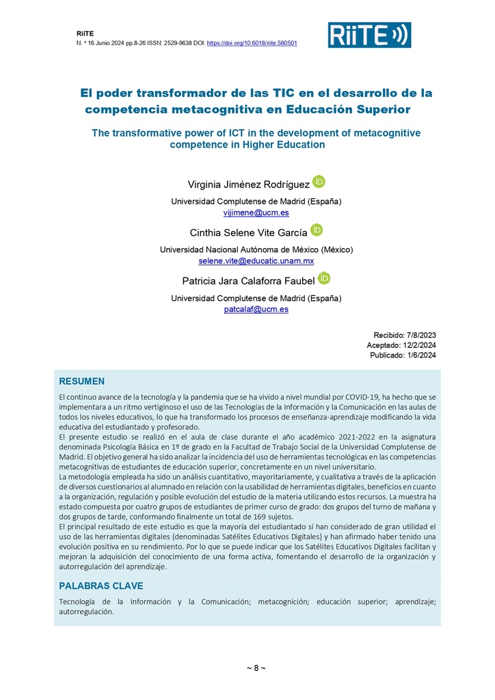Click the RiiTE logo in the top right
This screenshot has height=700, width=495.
369,34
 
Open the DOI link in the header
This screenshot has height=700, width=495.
252,43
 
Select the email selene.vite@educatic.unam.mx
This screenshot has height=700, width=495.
256,261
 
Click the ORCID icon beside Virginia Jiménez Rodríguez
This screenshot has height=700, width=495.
319,182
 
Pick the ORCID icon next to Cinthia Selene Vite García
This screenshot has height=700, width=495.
317,230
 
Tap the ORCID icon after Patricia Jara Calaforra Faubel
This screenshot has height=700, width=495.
324,278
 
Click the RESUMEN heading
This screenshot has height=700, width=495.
81,381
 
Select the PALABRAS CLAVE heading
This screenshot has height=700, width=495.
101,586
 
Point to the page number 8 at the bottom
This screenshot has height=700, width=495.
256,668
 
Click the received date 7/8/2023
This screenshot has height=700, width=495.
420,335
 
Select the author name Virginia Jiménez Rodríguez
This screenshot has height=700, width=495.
248,185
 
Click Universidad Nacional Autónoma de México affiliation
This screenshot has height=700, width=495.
239,250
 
